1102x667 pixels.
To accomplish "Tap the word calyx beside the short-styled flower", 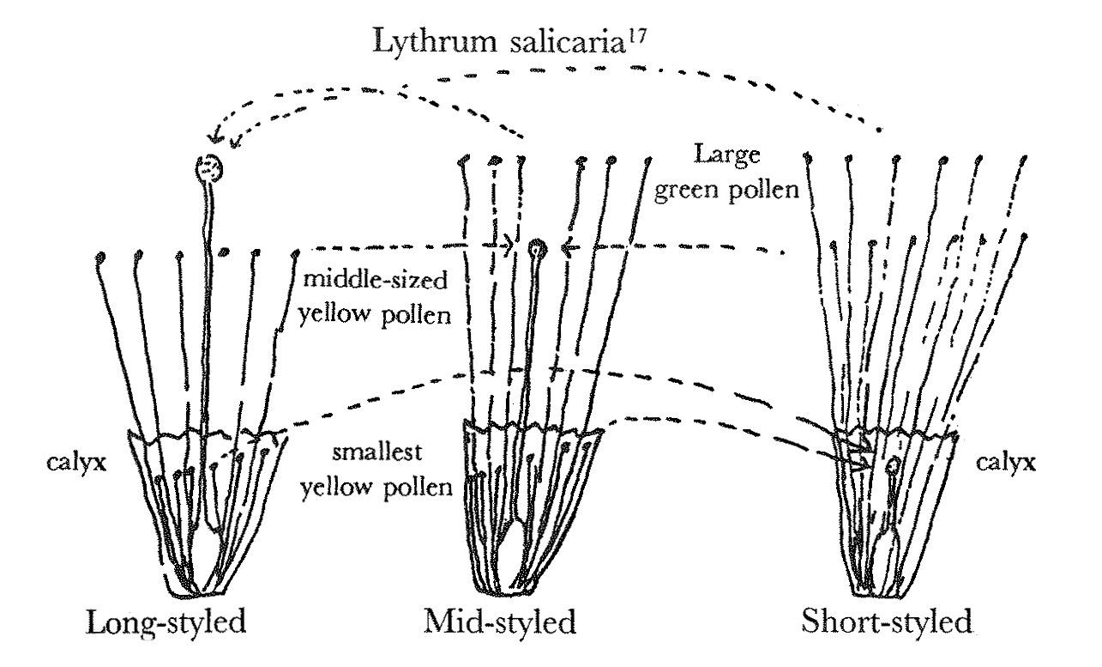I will [x=1006, y=463].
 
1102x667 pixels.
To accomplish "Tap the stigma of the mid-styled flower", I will [x=538, y=249].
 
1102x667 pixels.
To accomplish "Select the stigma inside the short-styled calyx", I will [x=893, y=465].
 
